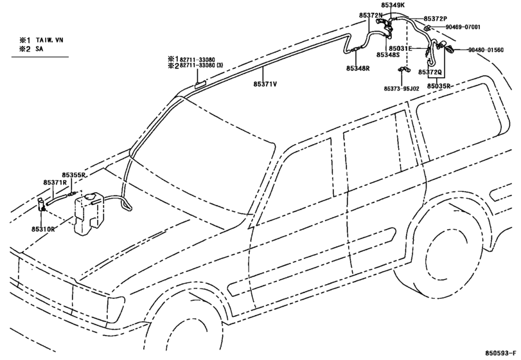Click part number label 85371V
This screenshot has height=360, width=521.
[x=265, y=84]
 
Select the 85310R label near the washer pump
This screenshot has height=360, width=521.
[x=43, y=229]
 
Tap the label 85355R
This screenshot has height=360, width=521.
[x=74, y=175]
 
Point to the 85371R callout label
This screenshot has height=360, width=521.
[x=55, y=182]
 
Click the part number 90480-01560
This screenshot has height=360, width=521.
[x=486, y=50]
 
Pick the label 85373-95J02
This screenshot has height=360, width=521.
[x=402, y=89]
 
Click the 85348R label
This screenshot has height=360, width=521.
[x=358, y=69]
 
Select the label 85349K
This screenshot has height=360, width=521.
[x=393, y=5]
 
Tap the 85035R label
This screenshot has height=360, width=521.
[x=439, y=86]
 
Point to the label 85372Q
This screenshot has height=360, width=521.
[x=430, y=72]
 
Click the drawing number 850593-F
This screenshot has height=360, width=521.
[x=500, y=353]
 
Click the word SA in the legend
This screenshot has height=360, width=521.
[x=40, y=49]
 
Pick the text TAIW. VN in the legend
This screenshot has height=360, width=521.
[x=49, y=40]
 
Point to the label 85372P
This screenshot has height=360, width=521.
[x=436, y=19]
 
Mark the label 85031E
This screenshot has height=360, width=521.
[x=400, y=48]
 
